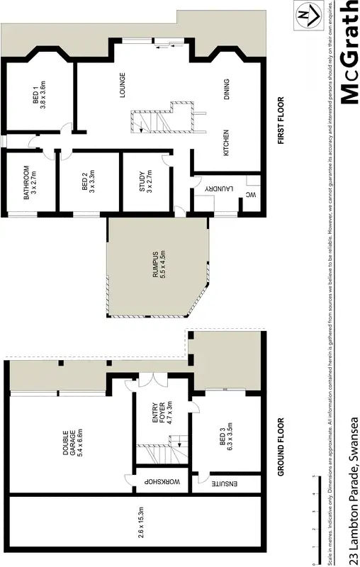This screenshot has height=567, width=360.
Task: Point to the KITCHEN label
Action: tap(227, 142)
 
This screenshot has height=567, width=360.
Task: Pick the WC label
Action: tap(250, 194)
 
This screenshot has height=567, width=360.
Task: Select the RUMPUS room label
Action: tap(158, 265)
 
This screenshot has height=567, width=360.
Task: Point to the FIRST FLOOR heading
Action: tap(281, 120)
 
